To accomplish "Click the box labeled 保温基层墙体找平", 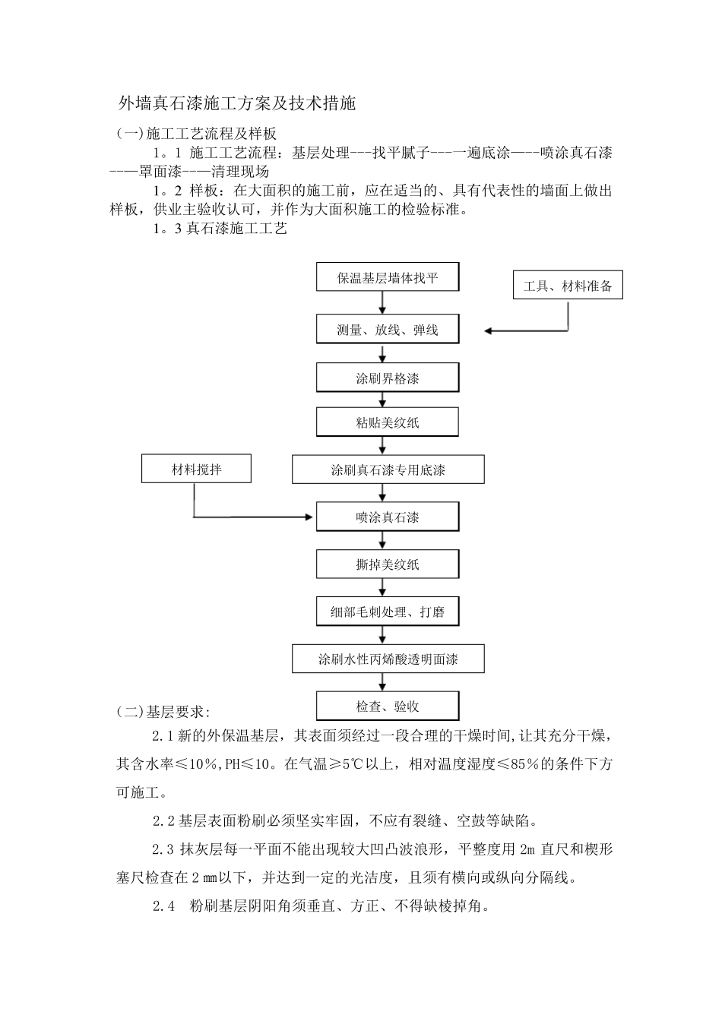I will (388, 278).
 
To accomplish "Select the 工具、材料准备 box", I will (568, 286).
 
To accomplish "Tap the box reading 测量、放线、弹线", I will (388, 330).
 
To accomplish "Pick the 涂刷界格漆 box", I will (388, 378).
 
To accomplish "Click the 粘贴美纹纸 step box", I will (388, 422).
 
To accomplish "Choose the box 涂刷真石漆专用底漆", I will (388, 470).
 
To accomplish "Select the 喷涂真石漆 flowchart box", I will (388, 517).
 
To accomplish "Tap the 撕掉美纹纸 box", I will (388, 564).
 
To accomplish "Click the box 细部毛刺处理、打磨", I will (388, 612).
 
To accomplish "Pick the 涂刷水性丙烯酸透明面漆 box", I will (388, 659).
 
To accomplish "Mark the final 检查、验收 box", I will (388, 706).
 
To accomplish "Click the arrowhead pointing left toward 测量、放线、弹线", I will (489, 330).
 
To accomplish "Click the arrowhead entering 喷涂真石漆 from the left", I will (310, 517).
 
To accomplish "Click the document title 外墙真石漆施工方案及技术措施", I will (237, 103).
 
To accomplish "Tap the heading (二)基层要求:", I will (163, 711).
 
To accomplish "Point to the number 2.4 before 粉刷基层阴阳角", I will (163, 906).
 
